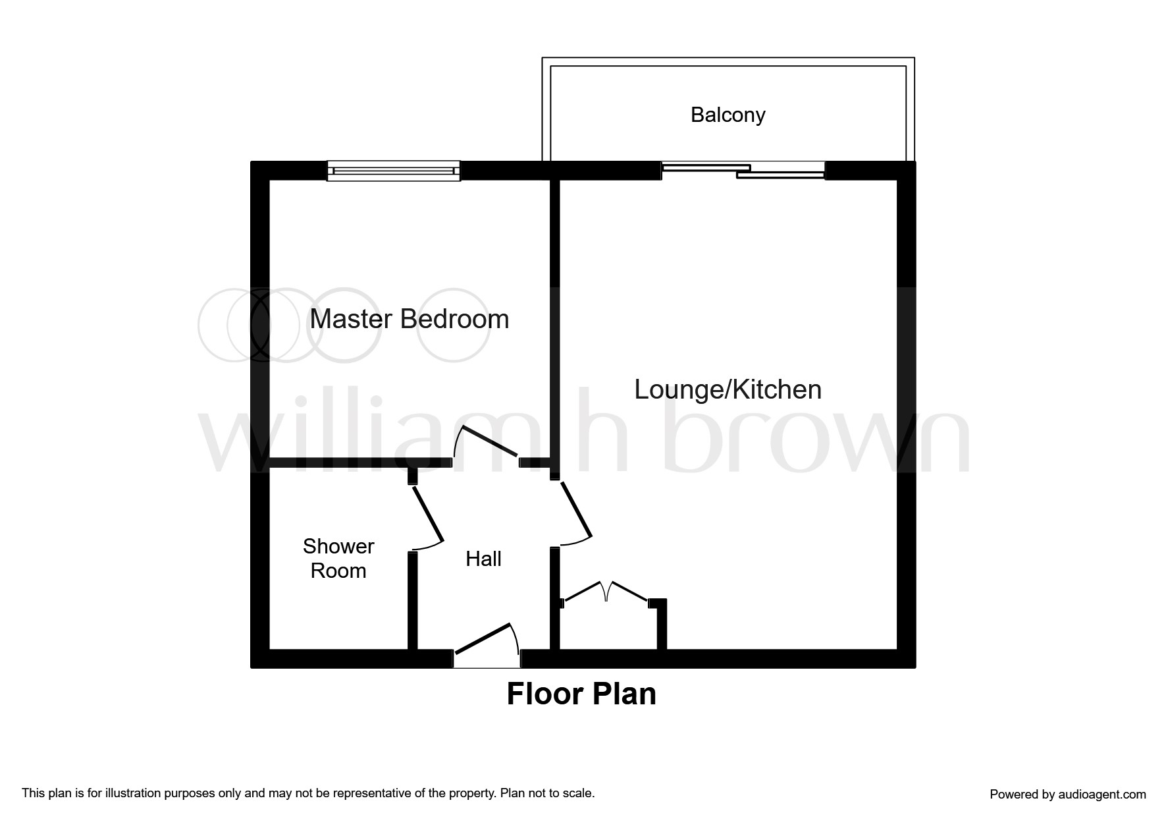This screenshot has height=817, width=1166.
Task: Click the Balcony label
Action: point(728,115)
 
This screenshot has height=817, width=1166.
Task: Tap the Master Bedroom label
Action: point(409,320)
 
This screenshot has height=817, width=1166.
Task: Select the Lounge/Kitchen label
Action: point(728,389)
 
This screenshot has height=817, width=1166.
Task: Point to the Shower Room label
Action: point(338,558)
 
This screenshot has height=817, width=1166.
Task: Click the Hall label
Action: point(483,559)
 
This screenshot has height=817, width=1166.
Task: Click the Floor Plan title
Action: point(581,694)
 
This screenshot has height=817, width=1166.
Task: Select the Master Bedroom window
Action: point(394,171)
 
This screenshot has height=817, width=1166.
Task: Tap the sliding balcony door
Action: point(743,171)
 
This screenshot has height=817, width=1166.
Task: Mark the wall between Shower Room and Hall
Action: point(412,600)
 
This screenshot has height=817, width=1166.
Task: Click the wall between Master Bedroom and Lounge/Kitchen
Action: point(554,316)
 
